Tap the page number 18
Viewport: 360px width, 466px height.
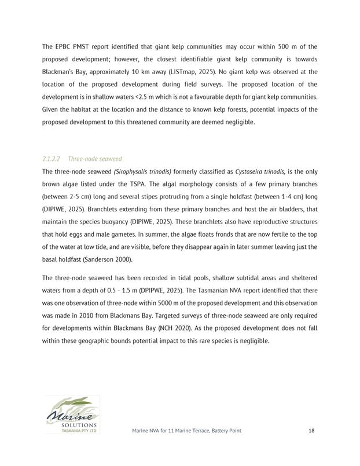[x=311, y=431]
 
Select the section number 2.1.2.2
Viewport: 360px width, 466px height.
[x=52, y=159]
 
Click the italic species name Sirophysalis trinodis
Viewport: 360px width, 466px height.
[x=142, y=172]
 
